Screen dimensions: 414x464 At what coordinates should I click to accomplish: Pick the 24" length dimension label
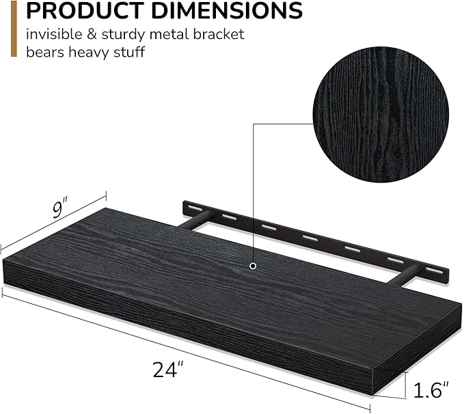pyautogui.click(x=169, y=370)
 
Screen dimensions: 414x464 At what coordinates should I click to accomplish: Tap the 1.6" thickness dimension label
pyautogui.click(x=431, y=391)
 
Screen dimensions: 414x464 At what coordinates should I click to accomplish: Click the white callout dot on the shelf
pyautogui.click(x=254, y=265)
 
